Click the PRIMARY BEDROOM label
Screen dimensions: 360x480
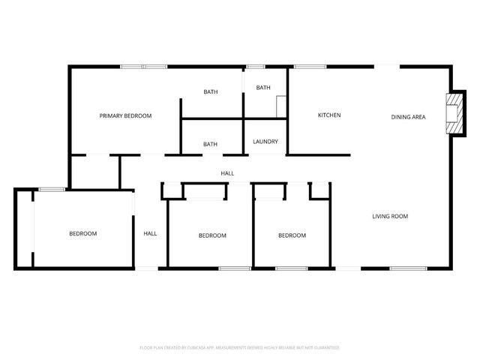[x=126, y=116]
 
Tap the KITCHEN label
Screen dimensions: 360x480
[x=329, y=115]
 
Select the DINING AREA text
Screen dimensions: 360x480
[x=409, y=117]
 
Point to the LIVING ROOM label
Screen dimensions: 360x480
[x=390, y=217]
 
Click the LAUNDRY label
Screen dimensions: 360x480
[x=265, y=142]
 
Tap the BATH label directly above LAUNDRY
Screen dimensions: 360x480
[x=263, y=88]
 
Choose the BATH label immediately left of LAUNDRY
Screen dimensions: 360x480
[x=211, y=144]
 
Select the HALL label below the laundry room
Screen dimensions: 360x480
[x=227, y=173]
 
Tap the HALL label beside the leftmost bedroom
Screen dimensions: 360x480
[x=150, y=234]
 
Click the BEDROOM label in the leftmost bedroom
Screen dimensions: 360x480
[x=83, y=234]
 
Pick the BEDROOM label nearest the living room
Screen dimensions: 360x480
[x=292, y=235]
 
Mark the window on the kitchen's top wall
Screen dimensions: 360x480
[x=309, y=67]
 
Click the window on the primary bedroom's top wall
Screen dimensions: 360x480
[x=144, y=67]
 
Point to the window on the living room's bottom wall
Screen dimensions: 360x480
[x=408, y=268]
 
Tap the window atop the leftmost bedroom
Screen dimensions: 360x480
[x=51, y=189]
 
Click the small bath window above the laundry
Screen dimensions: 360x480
[x=256, y=67]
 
